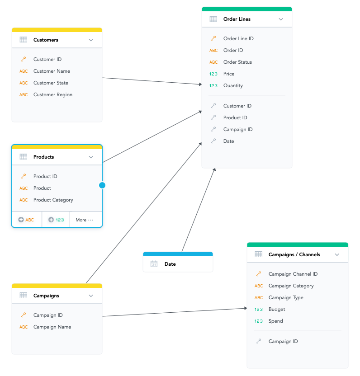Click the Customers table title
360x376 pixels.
tap(46, 40)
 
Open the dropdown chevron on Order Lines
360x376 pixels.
tap(281, 19)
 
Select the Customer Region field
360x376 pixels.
tap(52, 94)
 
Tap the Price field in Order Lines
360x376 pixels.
tap(229, 74)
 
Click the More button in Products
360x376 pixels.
tap(84, 220)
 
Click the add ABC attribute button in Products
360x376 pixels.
tap(26, 220)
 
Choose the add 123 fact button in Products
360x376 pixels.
tap(56, 220)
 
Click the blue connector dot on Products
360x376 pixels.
tap(102, 185)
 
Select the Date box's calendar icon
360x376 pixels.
tap(154, 264)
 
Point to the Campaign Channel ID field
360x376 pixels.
tap(293, 274)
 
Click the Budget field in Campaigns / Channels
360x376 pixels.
tap(277, 309)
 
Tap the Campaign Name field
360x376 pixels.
tap(52, 327)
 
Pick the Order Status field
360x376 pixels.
tap(237, 62)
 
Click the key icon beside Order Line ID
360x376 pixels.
tap(213, 38)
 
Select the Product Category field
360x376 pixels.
tap(53, 200)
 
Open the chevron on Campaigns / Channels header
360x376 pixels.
tap(337, 254)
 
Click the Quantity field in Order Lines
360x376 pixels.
tap(233, 85)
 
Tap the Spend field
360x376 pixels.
tap(275, 321)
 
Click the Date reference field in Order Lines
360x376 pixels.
tap(228, 141)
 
